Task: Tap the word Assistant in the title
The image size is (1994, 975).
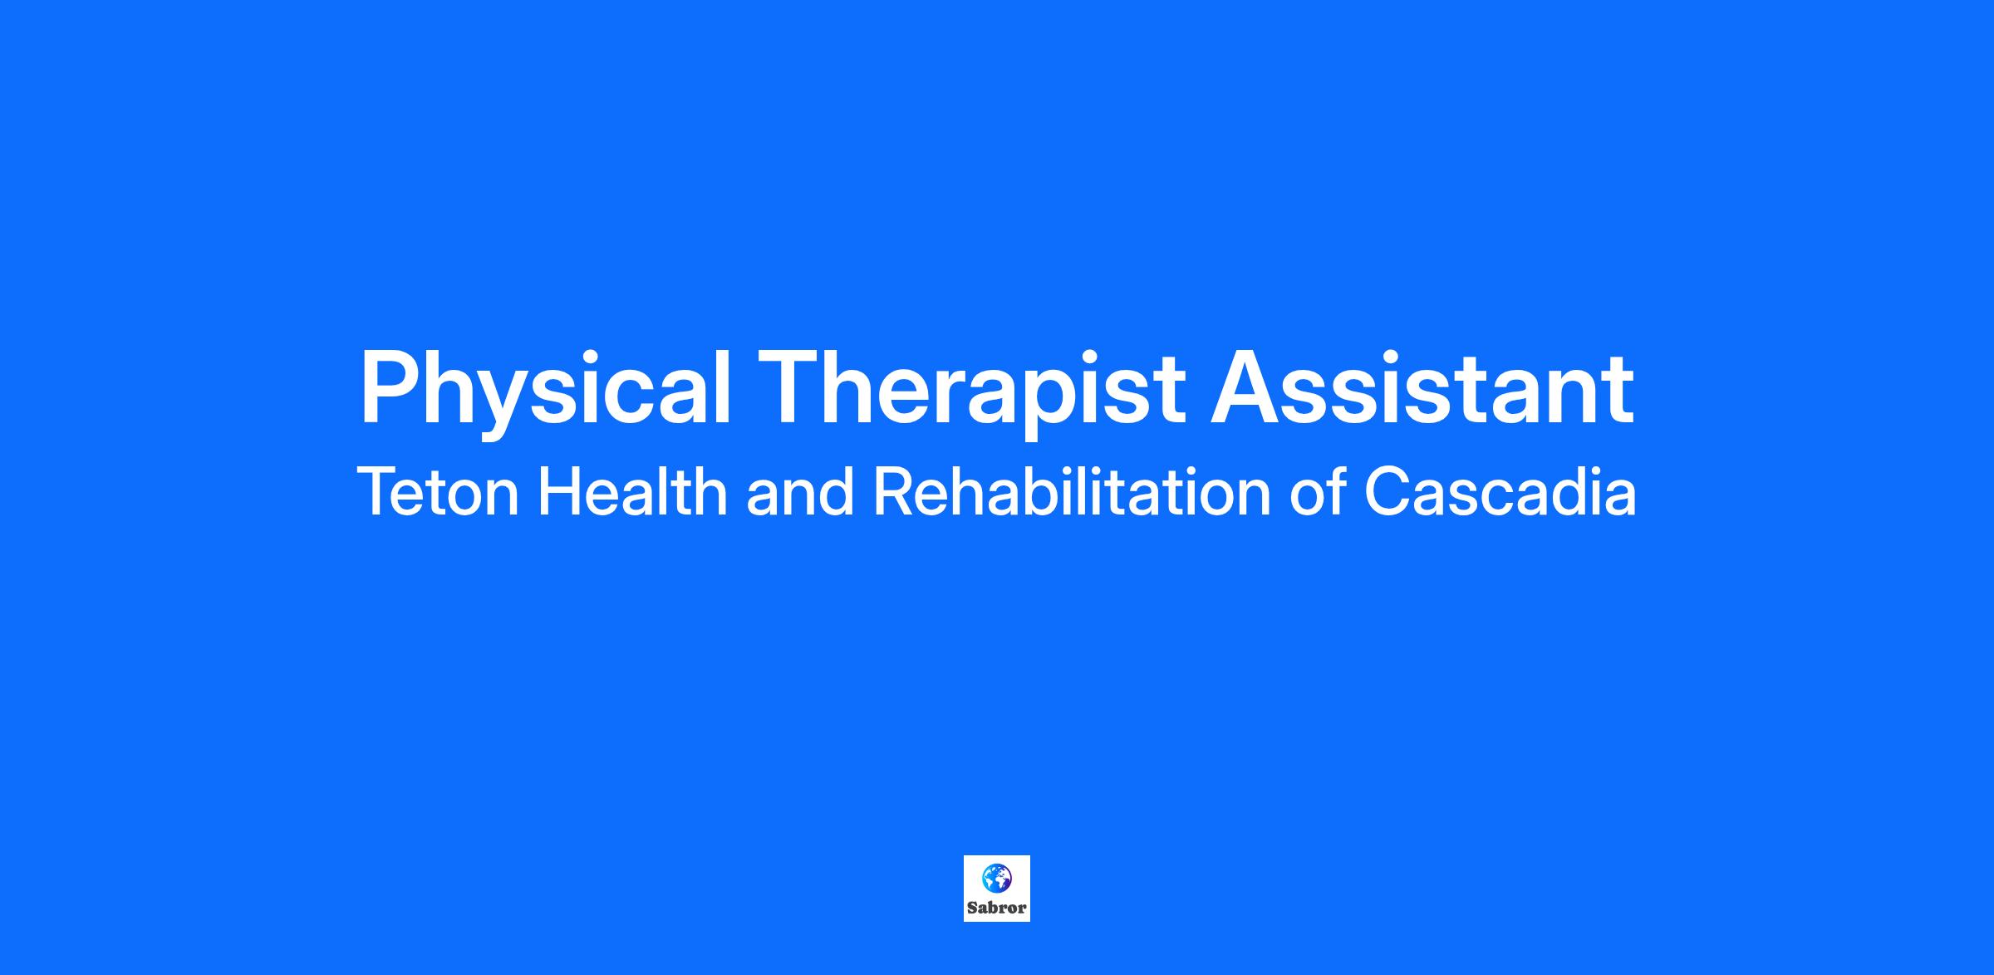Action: [x=1422, y=387]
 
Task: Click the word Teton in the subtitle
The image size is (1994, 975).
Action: [x=438, y=492]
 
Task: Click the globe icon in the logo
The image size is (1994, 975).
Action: [x=996, y=878]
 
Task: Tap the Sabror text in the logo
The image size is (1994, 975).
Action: [x=996, y=908]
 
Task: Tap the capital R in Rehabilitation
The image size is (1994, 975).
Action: [x=894, y=492]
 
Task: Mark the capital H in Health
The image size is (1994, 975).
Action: [x=561, y=492]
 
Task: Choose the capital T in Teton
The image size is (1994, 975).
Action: [x=378, y=492]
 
